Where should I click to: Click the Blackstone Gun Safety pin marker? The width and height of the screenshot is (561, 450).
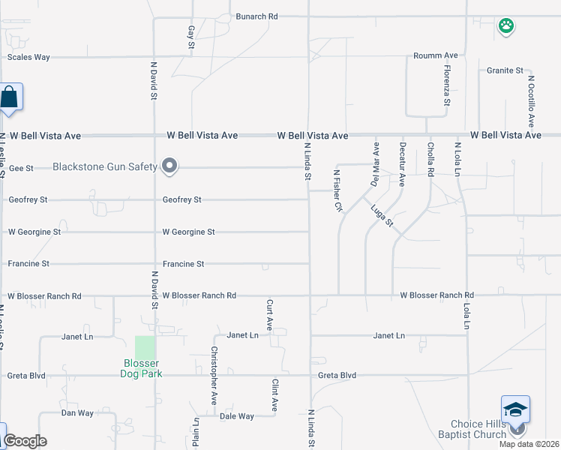click(169, 166)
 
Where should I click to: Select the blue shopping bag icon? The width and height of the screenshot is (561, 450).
click(10, 97)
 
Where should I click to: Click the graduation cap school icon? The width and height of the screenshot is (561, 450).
click(515, 409)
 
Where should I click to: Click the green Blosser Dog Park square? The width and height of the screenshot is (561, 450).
click(145, 346)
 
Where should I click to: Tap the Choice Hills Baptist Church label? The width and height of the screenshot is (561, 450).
click(478, 429)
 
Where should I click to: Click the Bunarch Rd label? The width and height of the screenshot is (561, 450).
click(256, 16)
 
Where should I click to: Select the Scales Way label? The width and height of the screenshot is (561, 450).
click(28, 57)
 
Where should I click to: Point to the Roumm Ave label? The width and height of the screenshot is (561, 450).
click(436, 55)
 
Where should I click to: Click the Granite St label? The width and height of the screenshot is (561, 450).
click(505, 70)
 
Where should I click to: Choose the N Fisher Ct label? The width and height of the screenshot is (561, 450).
click(338, 190)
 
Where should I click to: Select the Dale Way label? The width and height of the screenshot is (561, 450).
click(237, 416)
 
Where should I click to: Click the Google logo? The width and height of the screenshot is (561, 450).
click(25, 441)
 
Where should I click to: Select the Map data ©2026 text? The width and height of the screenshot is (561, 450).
click(529, 444)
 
